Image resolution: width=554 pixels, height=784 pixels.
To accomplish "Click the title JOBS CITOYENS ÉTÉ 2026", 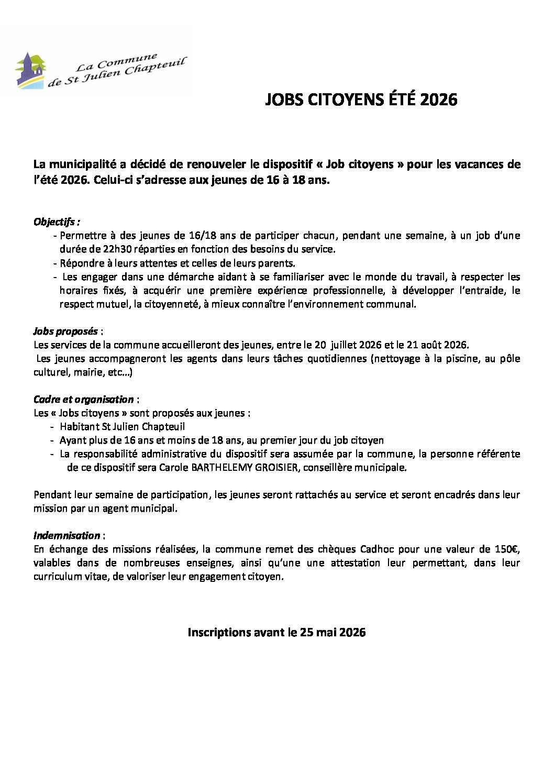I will click(x=361, y=100).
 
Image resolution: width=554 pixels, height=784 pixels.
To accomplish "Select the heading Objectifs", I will click(x=57, y=222).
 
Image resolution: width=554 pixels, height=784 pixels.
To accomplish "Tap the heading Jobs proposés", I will click(x=65, y=331).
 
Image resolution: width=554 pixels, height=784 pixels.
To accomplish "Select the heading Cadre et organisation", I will click(x=83, y=399).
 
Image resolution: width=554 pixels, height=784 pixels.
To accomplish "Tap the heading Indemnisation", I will click(x=67, y=535).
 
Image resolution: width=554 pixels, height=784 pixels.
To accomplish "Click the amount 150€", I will click(x=507, y=549).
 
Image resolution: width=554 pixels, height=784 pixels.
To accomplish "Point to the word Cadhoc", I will click(x=377, y=549).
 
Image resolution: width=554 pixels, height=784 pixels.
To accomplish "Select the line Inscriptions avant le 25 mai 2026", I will click(x=276, y=632).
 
